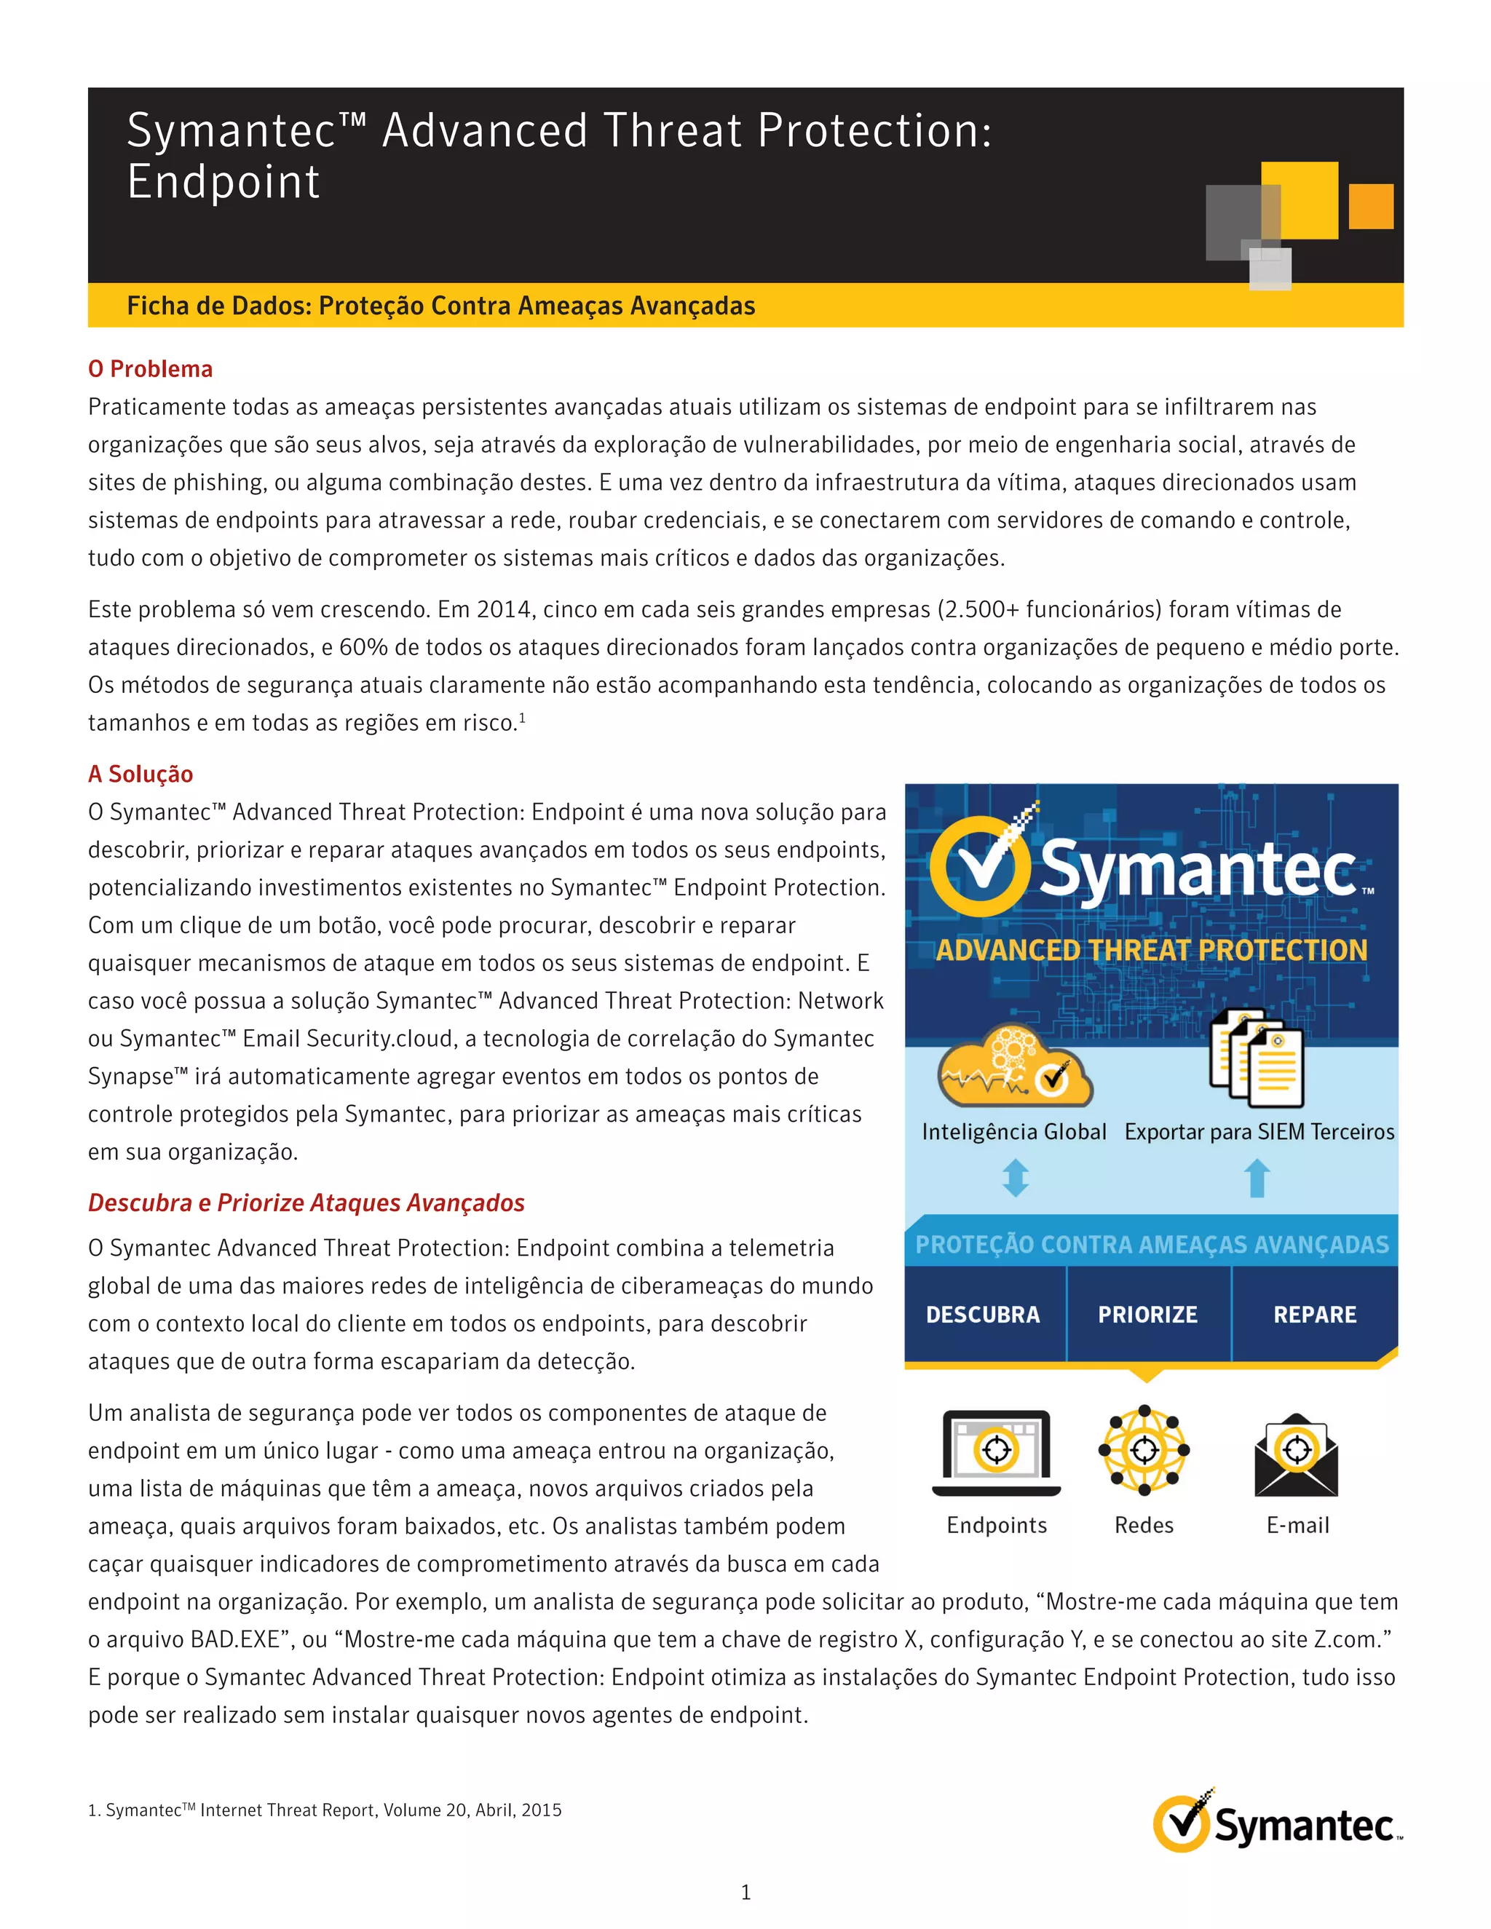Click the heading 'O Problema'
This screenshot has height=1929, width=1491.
(x=150, y=369)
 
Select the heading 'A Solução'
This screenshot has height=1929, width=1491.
(x=141, y=774)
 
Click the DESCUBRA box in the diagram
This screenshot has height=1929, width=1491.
(x=983, y=1314)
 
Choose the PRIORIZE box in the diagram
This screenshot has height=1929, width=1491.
(x=1147, y=1314)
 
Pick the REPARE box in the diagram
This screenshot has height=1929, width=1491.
(x=1314, y=1314)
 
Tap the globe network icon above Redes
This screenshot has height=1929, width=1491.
(x=1144, y=1449)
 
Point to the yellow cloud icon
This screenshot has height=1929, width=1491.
(x=1014, y=1066)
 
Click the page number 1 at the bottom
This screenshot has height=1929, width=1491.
(x=745, y=1892)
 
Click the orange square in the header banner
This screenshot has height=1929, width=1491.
(x=1371, y=207)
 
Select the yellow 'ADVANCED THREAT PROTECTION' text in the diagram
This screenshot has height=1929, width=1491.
(x=1151, y=951)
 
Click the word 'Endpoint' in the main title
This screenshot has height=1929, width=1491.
(x=224, y=182)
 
